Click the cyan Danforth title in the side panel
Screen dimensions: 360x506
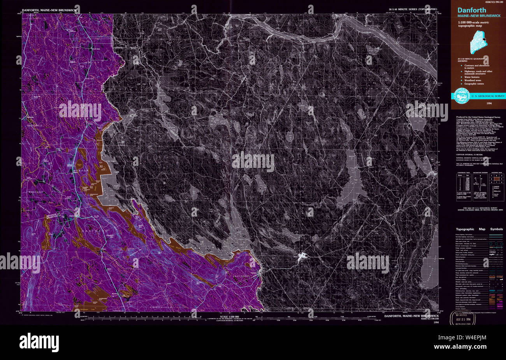(472, 10)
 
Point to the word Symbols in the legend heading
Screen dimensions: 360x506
(496, 229)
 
